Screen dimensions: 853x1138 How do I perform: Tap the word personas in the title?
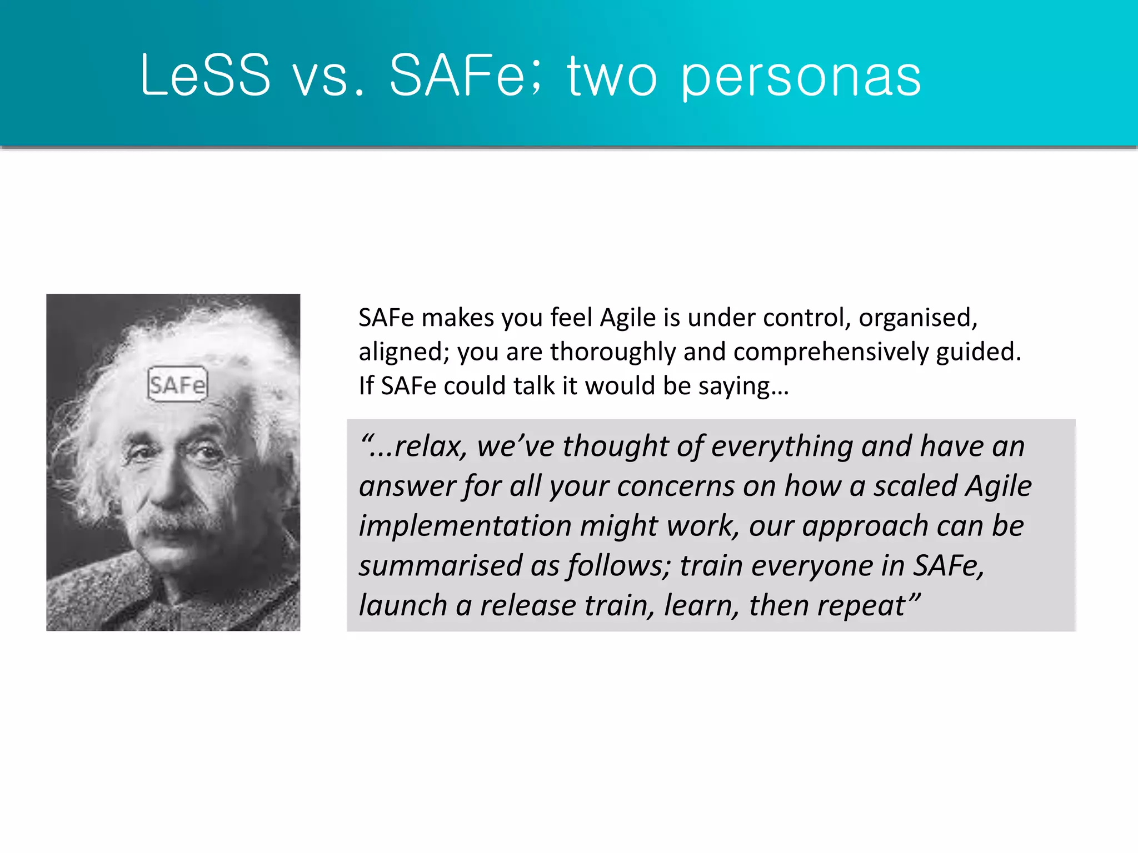(801, 78)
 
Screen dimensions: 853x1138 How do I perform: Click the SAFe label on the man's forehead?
(177, 384)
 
